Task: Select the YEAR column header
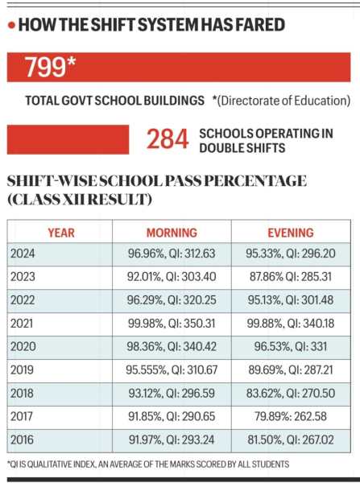tap(60, 233)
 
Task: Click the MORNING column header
tap(171, 233)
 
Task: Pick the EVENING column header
tap(291, 233)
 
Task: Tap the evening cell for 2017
tap(291, 417)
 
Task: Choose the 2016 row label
tap(23, 440)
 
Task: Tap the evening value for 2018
tap(291, 394)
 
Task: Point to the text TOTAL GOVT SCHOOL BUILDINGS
tap(114, 101)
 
